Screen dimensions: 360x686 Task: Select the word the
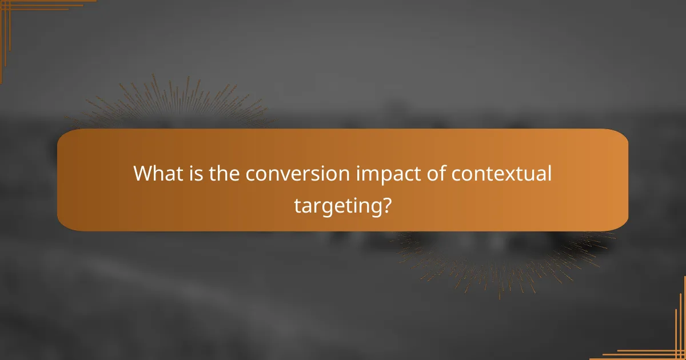[224, 174]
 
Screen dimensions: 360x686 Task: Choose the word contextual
[501, 174]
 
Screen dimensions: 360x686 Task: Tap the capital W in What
[142, 174]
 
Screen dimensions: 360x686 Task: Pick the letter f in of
[439, 173]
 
